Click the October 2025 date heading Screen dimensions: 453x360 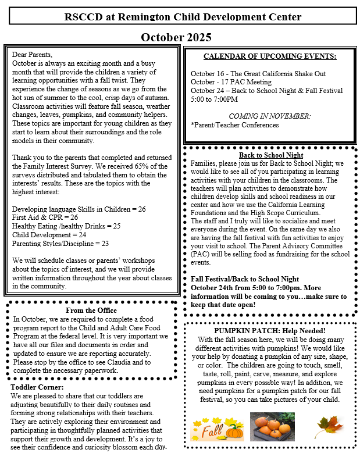tap(176, 38)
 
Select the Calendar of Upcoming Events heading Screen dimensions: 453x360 tap(270, 56)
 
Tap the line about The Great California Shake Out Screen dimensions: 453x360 tap(258, 74)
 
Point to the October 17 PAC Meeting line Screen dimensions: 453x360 tap(231, 82)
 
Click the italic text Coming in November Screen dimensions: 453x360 tap(269, 116)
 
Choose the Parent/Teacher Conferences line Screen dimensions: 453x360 tap(235, 125)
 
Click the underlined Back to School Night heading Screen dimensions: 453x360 tap(271, 155)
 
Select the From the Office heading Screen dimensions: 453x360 tap(91, 310)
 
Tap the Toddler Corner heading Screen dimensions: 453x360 tap(37, 387)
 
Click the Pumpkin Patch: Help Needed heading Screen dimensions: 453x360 tap(269, 330)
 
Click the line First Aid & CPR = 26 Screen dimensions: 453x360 tap(45, 217)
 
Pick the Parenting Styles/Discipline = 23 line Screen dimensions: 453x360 tap(60, 243)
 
